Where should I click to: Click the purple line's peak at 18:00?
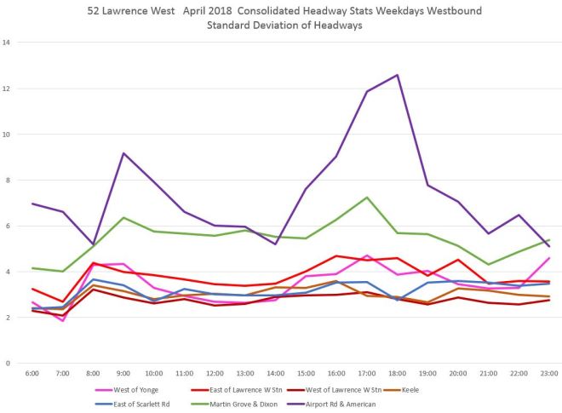pos(397,75)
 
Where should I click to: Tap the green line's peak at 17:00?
pos(366,198)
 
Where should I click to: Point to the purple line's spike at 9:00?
pos(124,153)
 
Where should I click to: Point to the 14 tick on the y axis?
pos(7,43)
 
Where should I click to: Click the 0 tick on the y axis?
pos(9,364)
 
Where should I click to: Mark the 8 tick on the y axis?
pos(9,181)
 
